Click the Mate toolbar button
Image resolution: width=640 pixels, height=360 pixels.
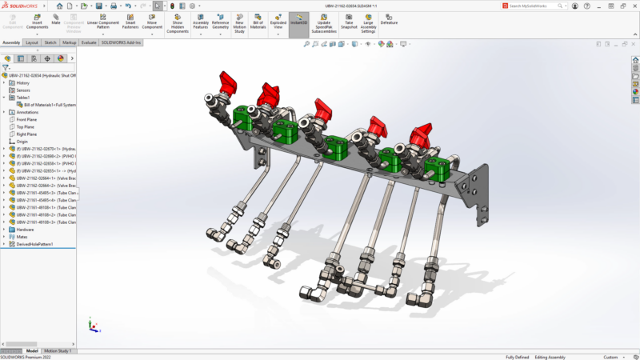pyautogui.click(x=56, y=19)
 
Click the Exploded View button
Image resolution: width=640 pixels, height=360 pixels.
pyautogui.click(x=278, y=19)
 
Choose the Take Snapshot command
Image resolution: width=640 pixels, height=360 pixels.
pyautogui.click(x=350, y=19)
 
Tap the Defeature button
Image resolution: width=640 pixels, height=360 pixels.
pyautogui.click(x=389, y=19)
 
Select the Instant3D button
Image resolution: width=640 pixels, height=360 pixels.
pyautogui.click(x=299, y=19)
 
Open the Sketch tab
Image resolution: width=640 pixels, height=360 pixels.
pyautogui.click(x=50, y=42)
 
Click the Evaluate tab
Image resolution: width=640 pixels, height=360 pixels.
pyautogui.click(x=89, y=42)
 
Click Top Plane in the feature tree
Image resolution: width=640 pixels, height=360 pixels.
pyautogui.click(x=25, y=126)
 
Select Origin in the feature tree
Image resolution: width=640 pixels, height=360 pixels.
pyautogui.click(x=22, y=142)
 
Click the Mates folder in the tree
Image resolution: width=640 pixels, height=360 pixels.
pyautogui.click(x=22, y=237)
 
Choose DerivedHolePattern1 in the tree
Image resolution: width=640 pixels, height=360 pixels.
pyautogui.click(x=34, y=244)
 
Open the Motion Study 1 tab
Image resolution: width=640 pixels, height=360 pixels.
pyautogui.click(x=58, y=350)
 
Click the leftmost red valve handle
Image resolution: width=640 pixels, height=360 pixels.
pyautogui.click(x=229, y=81)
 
